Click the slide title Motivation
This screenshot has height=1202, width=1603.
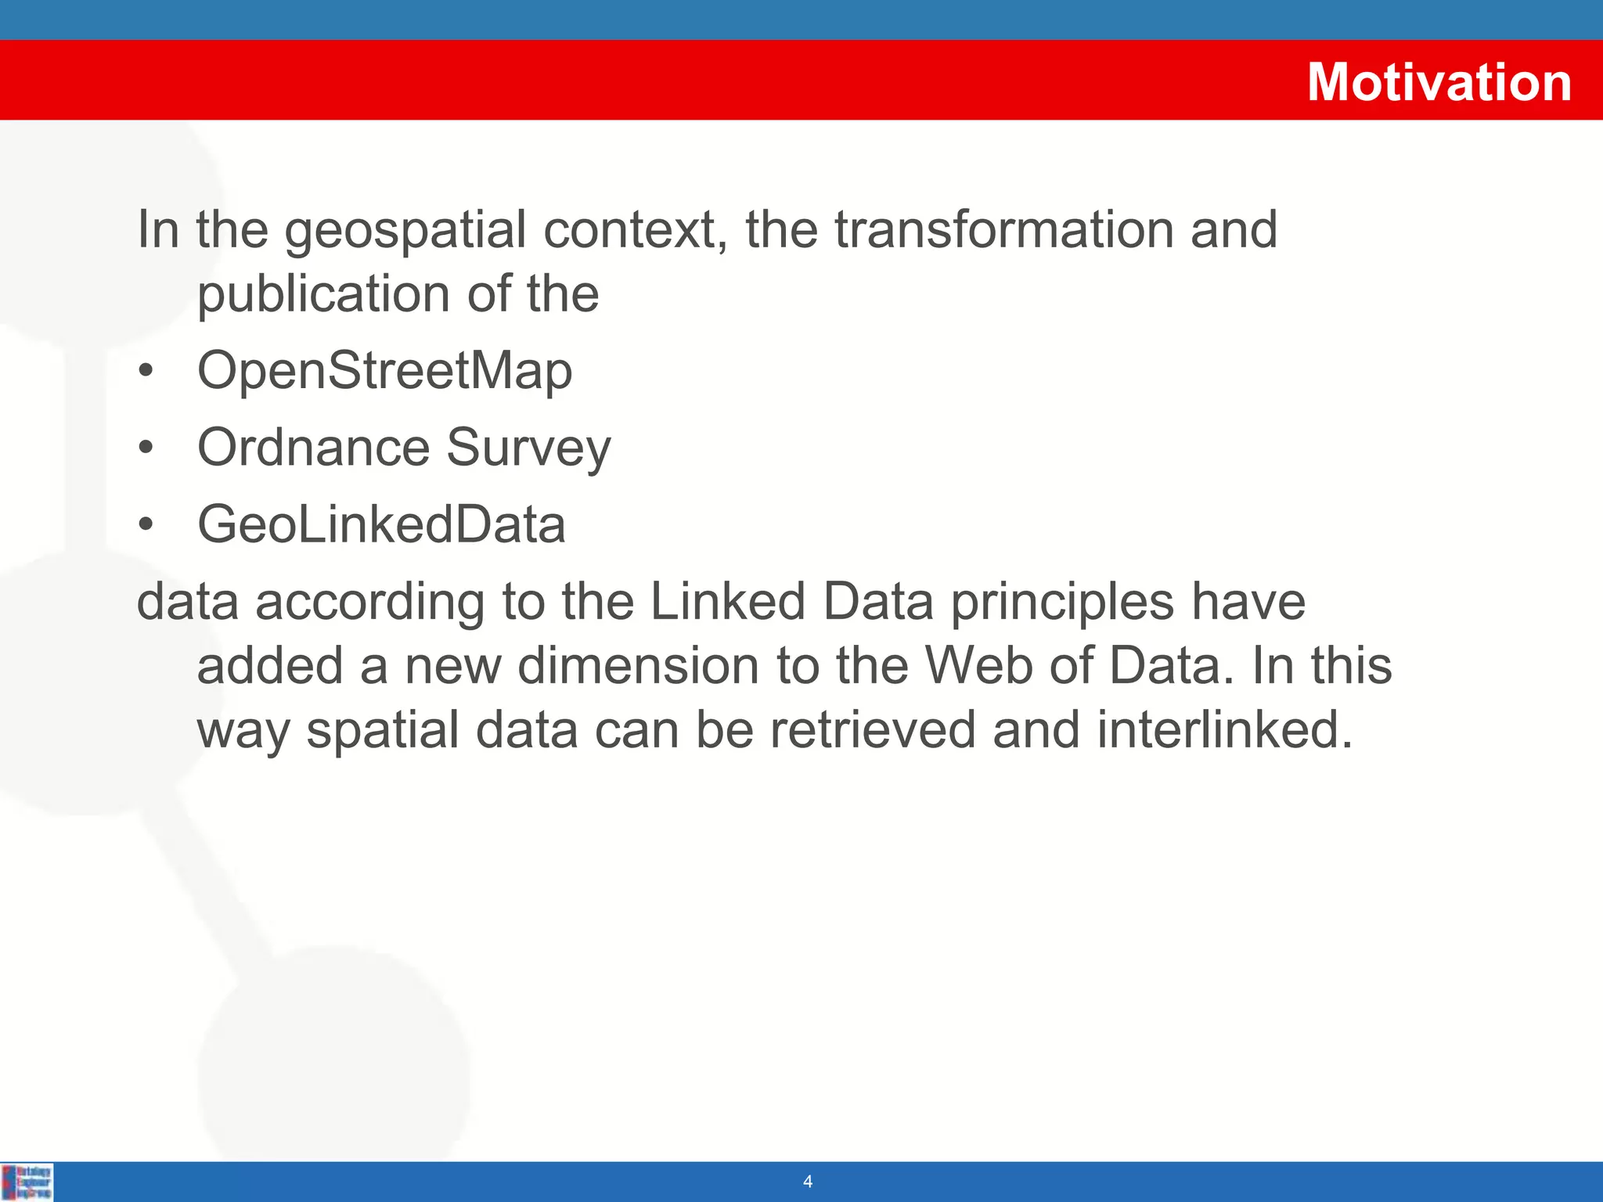[x=1439, y=82]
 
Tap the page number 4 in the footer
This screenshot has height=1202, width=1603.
[x=808, y=1182]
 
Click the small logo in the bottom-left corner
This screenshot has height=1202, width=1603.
[x=27, y=1182]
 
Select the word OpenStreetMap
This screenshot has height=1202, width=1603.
[x=384, y=371]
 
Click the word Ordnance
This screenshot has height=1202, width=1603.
[x=313, y=448]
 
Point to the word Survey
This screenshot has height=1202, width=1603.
[x=528, y=449]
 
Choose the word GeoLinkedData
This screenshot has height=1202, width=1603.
[x=381, y=524]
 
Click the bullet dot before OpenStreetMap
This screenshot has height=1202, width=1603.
[x=146, y=372]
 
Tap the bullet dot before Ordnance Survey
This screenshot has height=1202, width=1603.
[x=146, y=448]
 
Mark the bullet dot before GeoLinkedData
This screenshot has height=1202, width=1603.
[x=146, y=525]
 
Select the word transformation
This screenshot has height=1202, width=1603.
[x=1003, y=230]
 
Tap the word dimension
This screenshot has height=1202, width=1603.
[x=638, y=667]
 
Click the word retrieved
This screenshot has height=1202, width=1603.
[x=873, y=731]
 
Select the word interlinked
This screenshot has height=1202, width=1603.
[x=1224, y=731]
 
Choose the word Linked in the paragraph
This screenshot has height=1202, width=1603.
[x=727, y=603]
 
